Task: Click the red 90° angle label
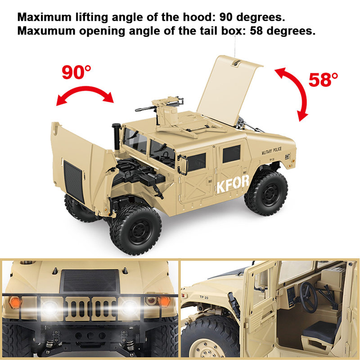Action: [x=76, y=72]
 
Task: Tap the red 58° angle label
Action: [x=323, y=80]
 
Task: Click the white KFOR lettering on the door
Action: [x=233, y=184]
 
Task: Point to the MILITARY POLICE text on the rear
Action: [x=272, y=151]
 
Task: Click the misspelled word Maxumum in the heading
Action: [x=46, y=31]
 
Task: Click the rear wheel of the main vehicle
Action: [x=266, y=193]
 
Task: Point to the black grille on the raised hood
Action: [x=73, y=181]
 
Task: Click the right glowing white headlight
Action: [x=129, y=308]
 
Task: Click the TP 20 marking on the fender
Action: [x=204, y=297]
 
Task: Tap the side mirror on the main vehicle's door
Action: [x=183, y=165]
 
